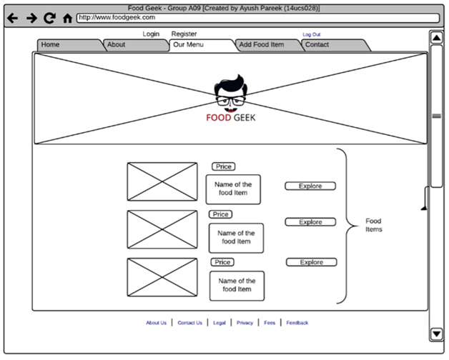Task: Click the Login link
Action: point(151,34)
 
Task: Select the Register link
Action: point(184,34)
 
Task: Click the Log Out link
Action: point(312,34)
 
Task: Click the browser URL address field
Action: point(257,18)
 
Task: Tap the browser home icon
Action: point(67,18)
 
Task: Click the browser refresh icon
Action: point(49,18)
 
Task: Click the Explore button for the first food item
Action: point(310,186)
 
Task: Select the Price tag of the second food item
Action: point(220,214)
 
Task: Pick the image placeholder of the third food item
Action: point(162,277)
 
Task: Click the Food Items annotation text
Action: point(373,225)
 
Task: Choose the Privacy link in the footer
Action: point(245,323)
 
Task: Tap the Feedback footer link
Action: point(297,323)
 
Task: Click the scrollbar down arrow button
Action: point(436,334)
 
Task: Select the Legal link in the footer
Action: point(219,323)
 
